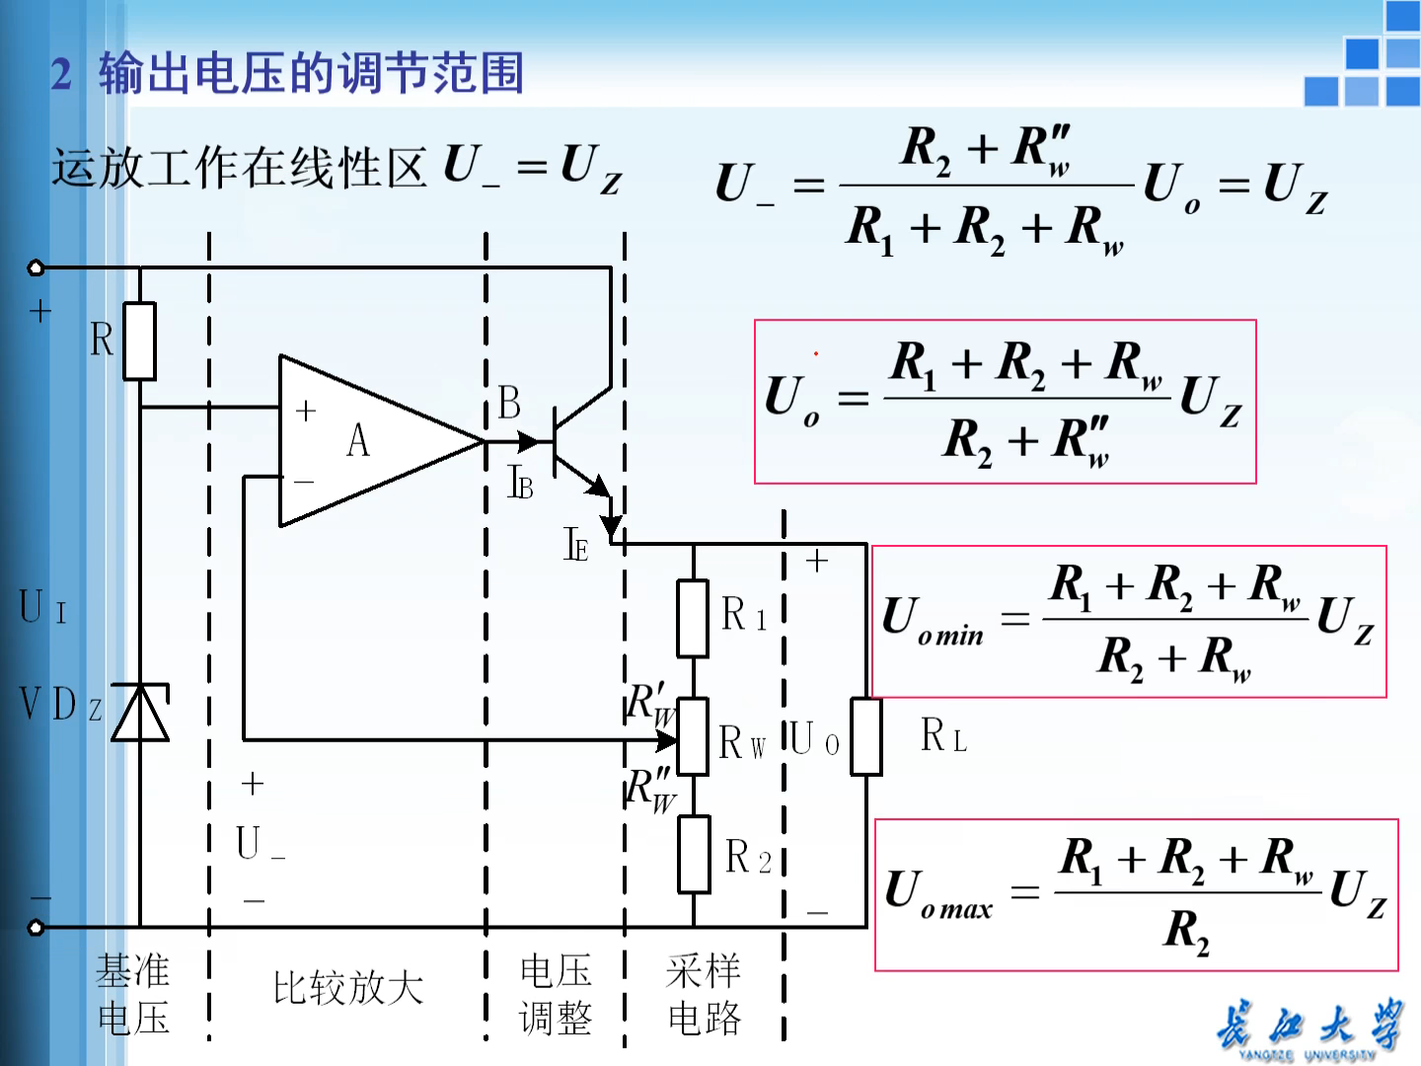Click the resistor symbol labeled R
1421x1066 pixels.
(x=140, y=341)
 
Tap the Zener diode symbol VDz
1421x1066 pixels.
(x=140, y=713)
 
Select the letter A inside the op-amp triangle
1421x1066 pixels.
(x=358, y=440)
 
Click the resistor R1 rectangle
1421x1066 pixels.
(x=693, y=619)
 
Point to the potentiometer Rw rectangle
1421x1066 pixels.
(x=693, y=736)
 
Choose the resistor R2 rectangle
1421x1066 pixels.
(x=694, y=855)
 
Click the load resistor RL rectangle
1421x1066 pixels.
(x=866, y=736)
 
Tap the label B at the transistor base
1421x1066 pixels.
(x=509, y=403)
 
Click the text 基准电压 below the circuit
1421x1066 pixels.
(x=133, y=994)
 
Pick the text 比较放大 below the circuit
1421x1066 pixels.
(x=347, y=988)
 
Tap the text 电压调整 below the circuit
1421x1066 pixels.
(x=556, y=994)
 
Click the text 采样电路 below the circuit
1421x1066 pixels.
(x=704, y=994)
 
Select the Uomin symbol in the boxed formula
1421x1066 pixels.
(x=933, y=621)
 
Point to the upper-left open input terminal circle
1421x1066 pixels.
(x=37, y=267)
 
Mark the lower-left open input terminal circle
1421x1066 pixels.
(x=37, y=927)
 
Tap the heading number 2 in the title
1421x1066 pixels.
(x=61, y=75)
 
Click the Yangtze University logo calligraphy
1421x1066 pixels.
(x=1309, y=1027)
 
